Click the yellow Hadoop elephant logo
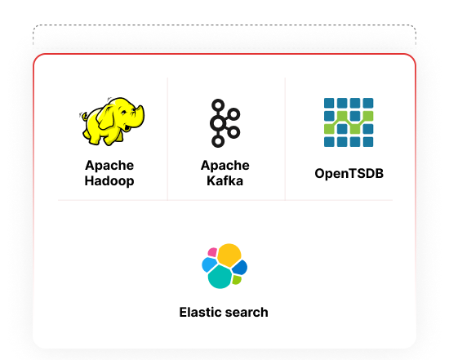112,121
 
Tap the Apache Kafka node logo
224,123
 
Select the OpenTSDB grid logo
349,122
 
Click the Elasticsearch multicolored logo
224,266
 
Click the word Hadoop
109,181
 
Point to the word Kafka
224,181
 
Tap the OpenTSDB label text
349,173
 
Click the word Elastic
200,312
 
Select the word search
247,312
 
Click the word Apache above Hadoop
109,166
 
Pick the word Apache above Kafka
224,166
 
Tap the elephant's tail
83,117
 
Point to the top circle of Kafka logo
218,105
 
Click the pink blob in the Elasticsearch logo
212,252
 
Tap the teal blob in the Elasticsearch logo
220,277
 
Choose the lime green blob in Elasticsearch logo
237,279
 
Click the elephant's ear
106,118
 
